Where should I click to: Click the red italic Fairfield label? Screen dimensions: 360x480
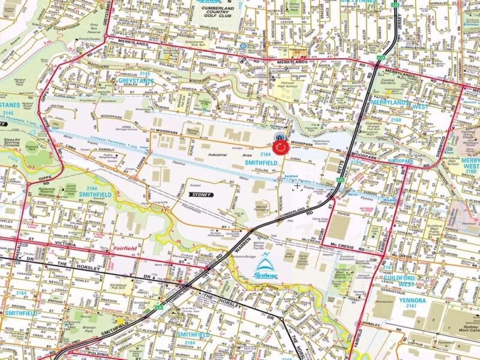(x=124, y=248)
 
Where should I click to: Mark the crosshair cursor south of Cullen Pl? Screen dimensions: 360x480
(x=296, y=187)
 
